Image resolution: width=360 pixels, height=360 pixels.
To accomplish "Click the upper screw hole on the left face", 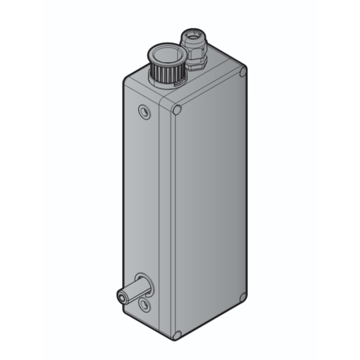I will click(x=145, y=111).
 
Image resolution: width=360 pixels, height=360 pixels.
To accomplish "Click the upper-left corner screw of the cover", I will click(x=177, y=110).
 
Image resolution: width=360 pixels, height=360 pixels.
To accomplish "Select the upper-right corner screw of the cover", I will click(x=242, y=72).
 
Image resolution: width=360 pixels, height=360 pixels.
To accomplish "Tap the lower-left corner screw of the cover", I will click(x=177, y=335).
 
